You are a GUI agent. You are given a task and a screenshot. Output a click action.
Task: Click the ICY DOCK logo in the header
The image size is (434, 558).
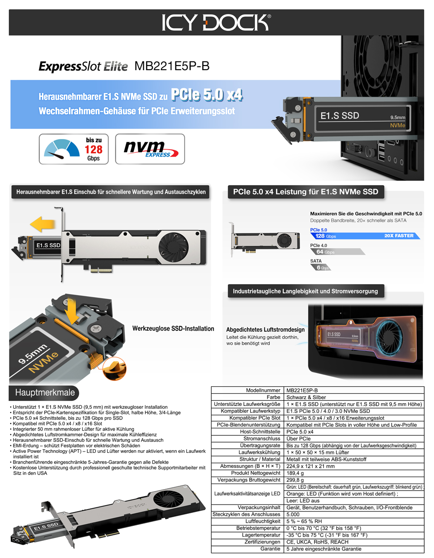(x=216, y=22)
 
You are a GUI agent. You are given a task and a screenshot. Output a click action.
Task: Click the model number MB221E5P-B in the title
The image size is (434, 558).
(x=172, y=66)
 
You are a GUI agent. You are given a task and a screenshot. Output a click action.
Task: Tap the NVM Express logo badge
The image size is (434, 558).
(x=150, y=149)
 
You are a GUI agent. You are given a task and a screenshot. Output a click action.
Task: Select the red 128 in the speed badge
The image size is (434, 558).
(x=93, y=149)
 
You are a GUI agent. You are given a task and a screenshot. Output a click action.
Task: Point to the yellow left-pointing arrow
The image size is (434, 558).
(x=43, y=224)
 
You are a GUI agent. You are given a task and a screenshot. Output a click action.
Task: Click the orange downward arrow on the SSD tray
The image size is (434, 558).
(x=72, y=311)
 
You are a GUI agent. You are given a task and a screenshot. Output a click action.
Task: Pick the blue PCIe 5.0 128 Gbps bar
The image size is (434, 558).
(x=365, y=236)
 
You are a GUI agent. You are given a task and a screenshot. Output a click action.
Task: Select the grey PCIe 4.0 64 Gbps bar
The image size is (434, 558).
(x=337, y=252)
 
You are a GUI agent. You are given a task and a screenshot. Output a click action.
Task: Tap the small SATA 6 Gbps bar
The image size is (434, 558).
(x=321, y=267)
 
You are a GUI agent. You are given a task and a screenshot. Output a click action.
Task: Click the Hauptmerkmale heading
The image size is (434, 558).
(x=45, y=392)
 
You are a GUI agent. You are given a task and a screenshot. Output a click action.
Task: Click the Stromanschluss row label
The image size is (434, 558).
(x=262, y=438)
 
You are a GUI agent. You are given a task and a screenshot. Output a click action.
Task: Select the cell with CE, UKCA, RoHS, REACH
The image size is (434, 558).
(x=317, y=542)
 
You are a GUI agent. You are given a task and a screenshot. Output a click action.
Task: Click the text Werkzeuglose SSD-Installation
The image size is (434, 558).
(x=173, y=329)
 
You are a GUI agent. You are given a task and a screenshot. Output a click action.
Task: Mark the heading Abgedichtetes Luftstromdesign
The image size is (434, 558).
(x=265, y=330)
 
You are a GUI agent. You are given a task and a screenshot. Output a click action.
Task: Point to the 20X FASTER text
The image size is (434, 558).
(x=399, y=236)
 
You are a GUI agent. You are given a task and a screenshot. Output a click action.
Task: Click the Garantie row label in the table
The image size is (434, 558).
(x=270, y=549)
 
